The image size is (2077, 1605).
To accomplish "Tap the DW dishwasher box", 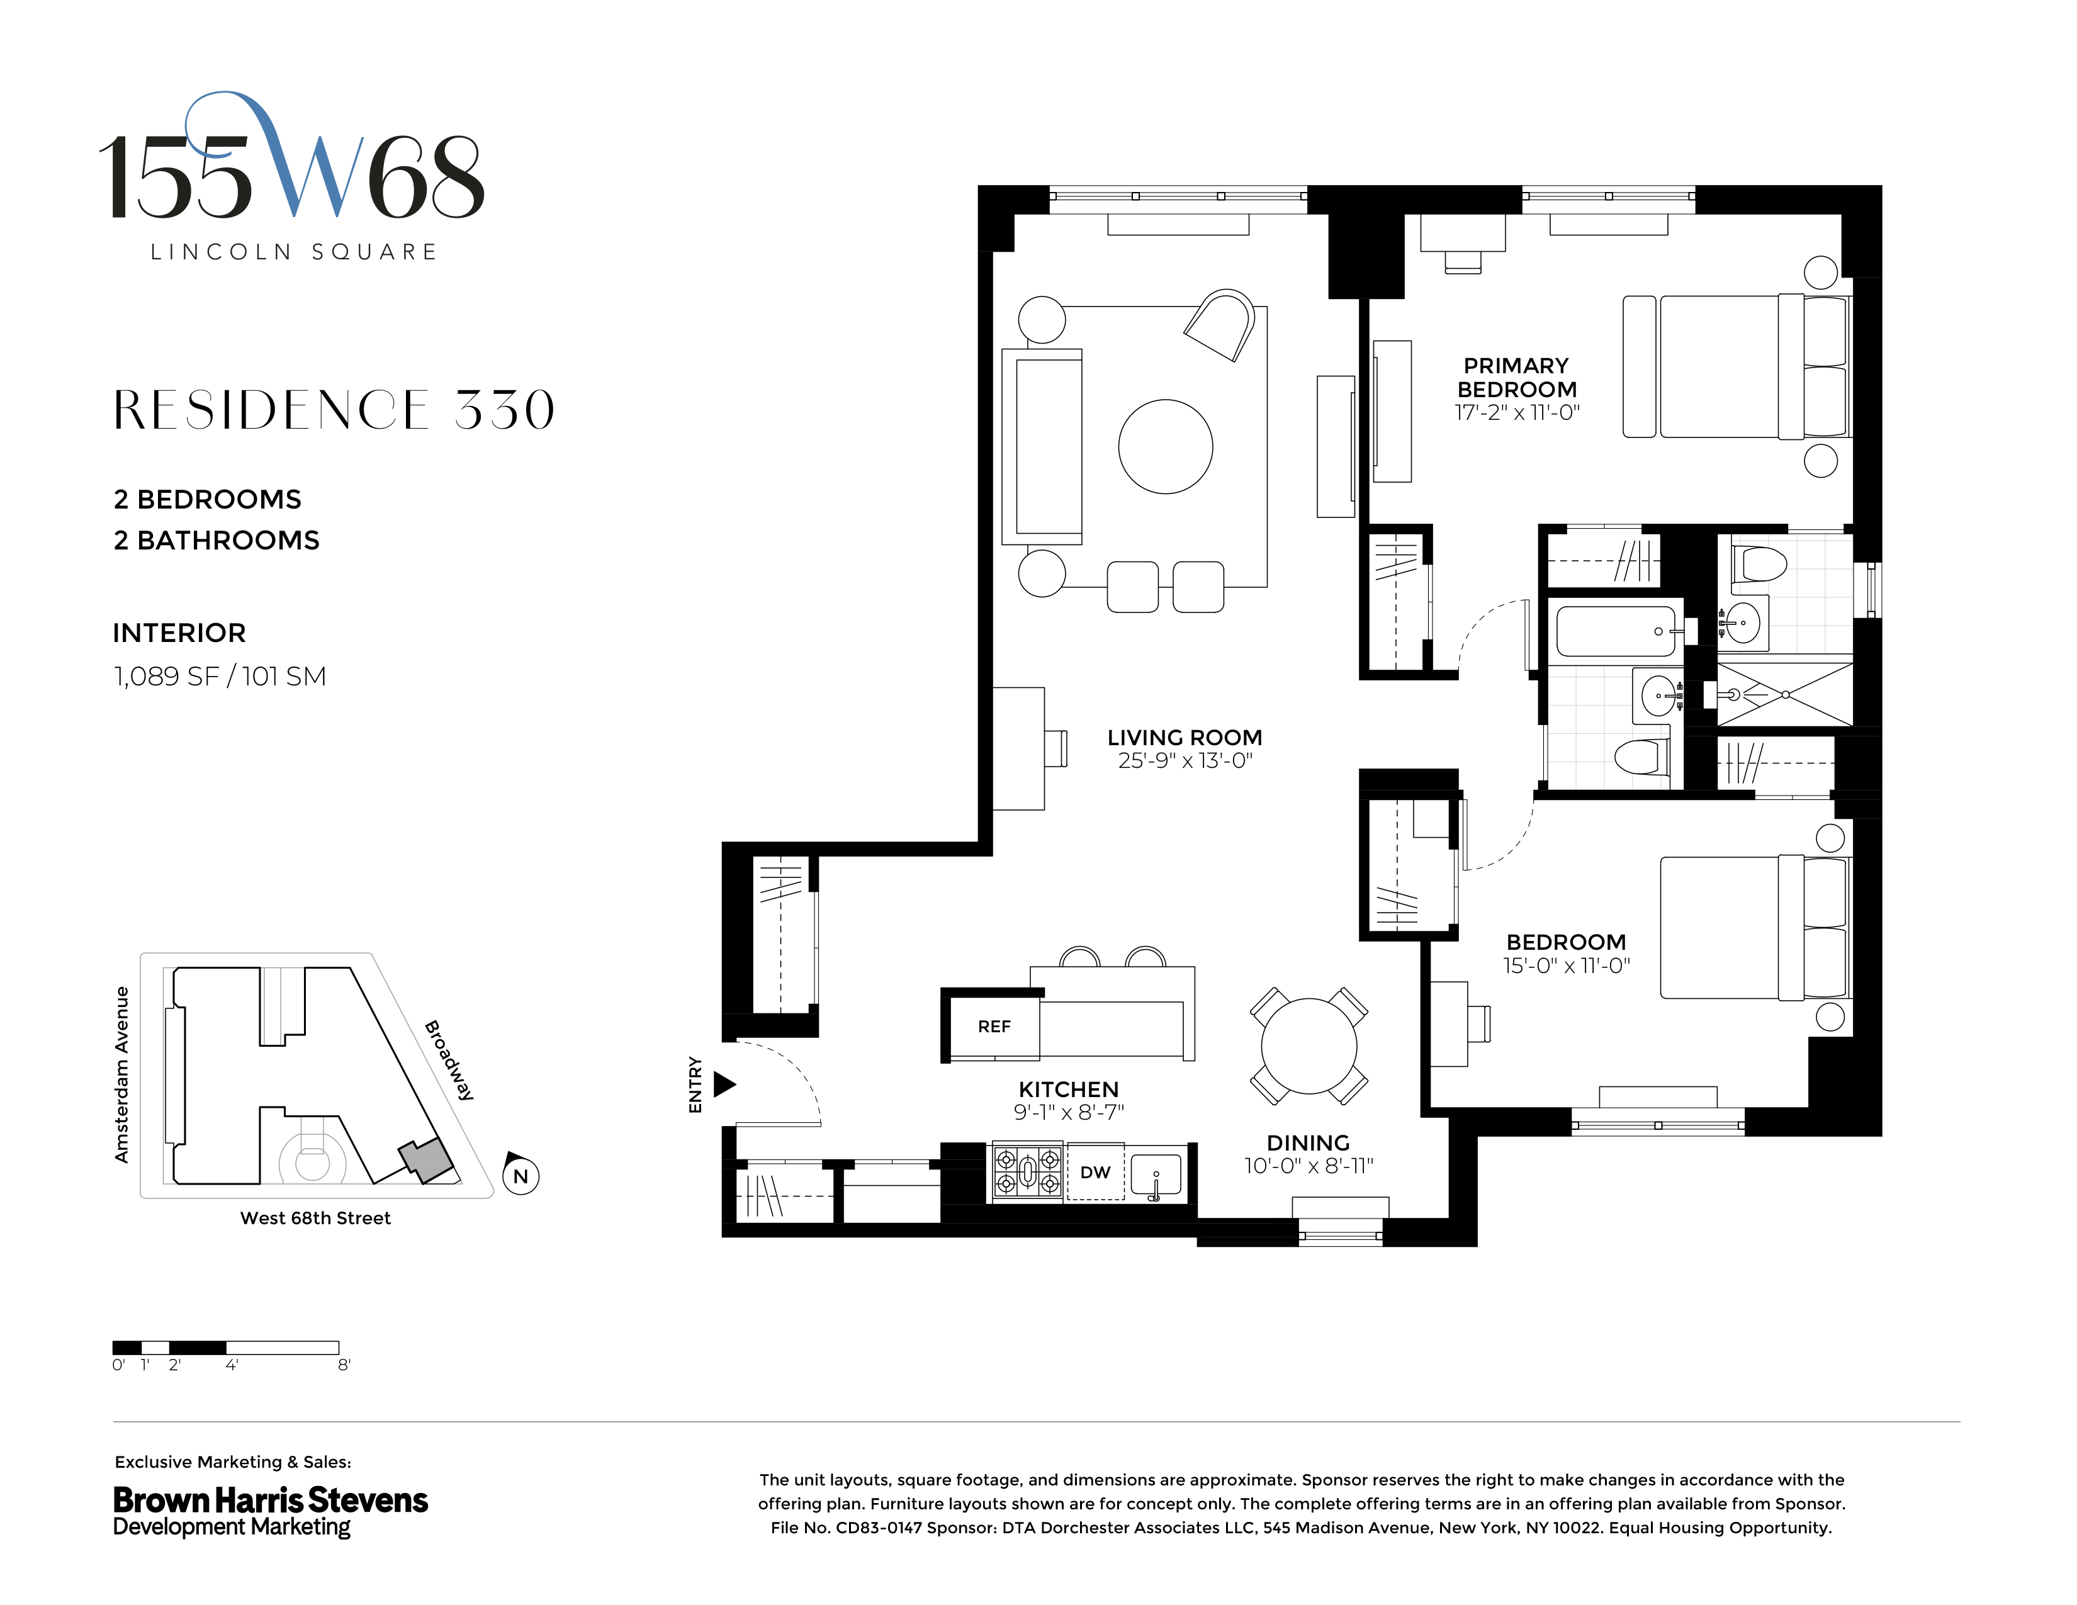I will click(1095, 1173).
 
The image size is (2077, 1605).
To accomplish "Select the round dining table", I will click(1309, 1045).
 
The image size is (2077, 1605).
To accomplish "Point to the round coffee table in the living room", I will click(1165, 446).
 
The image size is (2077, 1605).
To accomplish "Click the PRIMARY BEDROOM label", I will click(1517, 378).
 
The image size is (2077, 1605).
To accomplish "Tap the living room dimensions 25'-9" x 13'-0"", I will click(1185, 761).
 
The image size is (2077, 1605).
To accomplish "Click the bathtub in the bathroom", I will click(1616, 631).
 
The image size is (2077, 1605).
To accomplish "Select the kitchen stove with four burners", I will click(1027, 1171).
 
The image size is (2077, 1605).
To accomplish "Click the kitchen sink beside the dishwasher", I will click(1156, 1174).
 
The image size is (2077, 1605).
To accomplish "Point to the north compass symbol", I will click(521, 1175).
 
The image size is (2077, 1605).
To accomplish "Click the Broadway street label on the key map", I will click(449, 1060).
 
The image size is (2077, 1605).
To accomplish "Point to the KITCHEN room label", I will click(1068, 1090).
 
